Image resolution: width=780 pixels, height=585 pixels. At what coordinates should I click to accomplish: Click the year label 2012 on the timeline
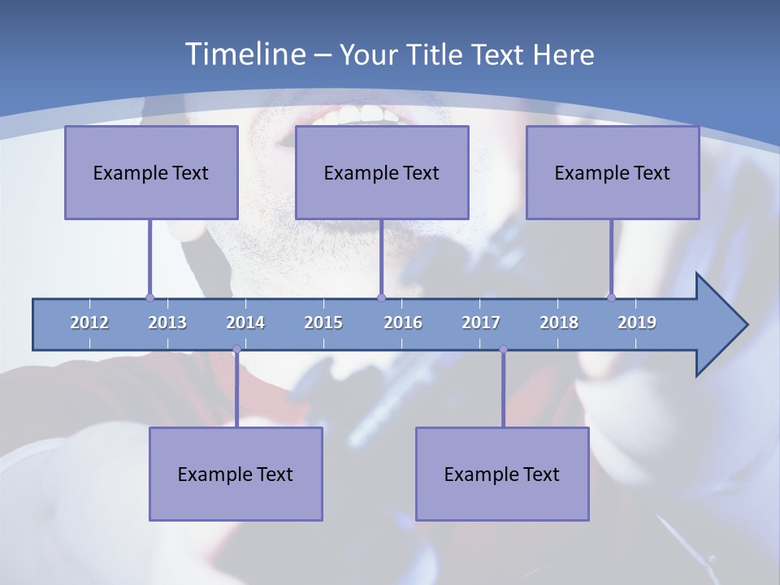coord(89,323)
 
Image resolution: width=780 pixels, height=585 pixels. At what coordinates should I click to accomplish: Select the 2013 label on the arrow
coord(167,323)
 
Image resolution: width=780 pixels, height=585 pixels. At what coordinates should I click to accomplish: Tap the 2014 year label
coord(245,323)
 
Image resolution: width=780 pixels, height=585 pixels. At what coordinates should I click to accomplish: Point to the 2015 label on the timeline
coord(323,323)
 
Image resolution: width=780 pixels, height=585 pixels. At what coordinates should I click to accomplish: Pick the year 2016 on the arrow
coord(403,323)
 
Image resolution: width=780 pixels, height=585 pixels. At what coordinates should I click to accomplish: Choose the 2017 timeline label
coord(481,323)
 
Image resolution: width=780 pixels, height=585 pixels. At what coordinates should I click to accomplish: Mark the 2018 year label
coord(559,323)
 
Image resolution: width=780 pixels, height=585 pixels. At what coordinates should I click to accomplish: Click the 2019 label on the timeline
coord(637,323)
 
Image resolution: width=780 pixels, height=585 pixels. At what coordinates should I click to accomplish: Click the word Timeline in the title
coord(245,54)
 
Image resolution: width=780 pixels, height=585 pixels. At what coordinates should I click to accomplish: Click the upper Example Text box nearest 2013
coord(151,172)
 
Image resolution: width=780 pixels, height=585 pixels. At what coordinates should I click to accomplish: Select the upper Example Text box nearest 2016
coord(382,172)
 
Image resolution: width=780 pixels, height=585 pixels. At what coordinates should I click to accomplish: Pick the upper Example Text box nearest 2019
coord(613,172)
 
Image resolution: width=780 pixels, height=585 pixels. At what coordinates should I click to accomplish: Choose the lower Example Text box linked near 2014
coord(236,474)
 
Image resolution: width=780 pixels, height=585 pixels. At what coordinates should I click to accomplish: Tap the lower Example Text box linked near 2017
coord(502,474)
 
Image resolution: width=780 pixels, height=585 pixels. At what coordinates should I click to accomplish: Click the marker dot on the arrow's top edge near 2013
coord(149,298)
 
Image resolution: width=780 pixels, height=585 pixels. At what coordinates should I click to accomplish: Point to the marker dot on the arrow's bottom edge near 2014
coord(236,349)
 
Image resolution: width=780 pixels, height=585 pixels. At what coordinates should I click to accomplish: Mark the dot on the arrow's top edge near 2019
coord(611,297)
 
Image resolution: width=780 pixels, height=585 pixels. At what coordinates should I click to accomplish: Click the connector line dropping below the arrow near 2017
coord(503,390)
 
